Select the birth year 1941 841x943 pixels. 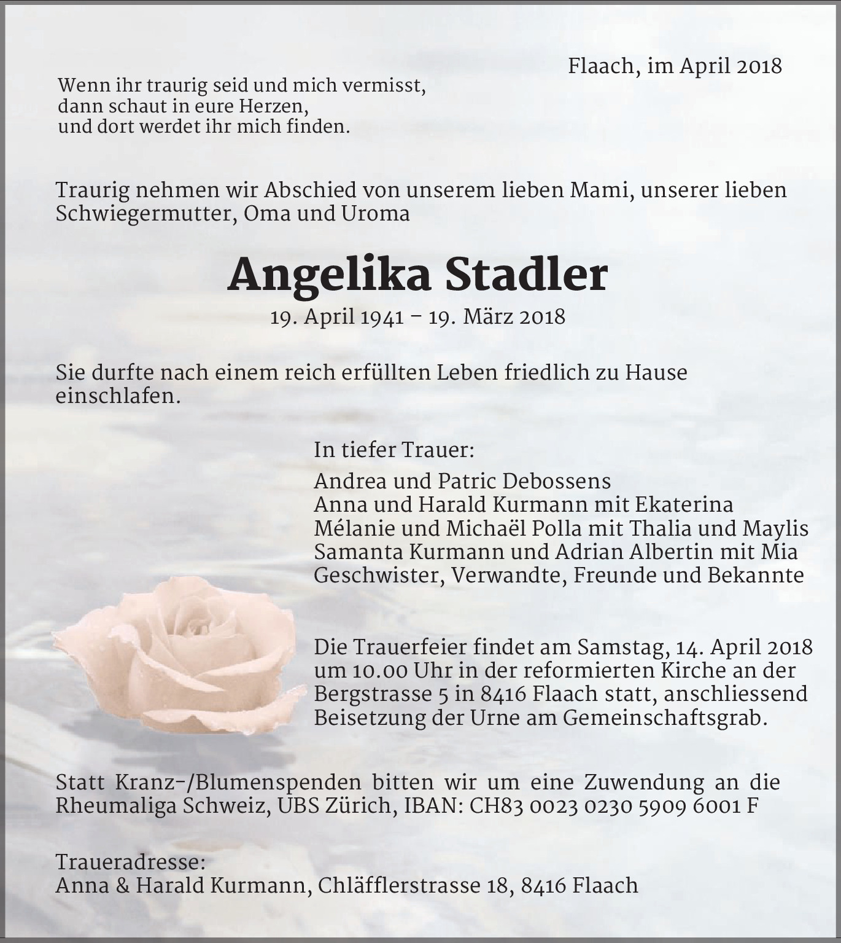[x=382, y=317]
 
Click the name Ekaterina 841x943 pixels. [x=684, y=504]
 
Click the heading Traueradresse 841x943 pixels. [x=130, y=862]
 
